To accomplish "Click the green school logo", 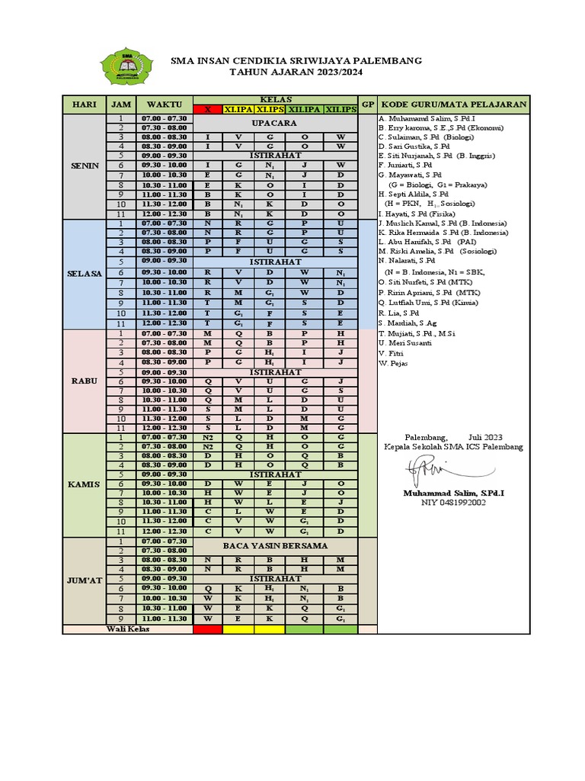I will [128, 66].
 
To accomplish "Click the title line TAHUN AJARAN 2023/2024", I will [297, 72].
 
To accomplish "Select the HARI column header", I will [83, 104].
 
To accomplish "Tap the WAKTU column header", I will [164, 104].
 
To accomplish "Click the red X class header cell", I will [207, 110].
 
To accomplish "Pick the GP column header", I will [367, 104].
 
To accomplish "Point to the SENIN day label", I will [84, 166].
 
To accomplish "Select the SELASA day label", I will [84, 274].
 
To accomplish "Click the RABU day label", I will [84, 381].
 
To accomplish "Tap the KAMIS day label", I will [84, 484].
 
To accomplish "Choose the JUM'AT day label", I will [84, 580].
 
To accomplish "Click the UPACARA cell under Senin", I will [275, 124].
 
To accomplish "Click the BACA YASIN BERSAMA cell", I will [275, 546].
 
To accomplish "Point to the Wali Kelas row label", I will [127, 629].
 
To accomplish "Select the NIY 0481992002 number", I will [453, 503].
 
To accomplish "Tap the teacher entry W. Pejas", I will [393, 363].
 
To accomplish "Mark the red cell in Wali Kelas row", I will [207, 629].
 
